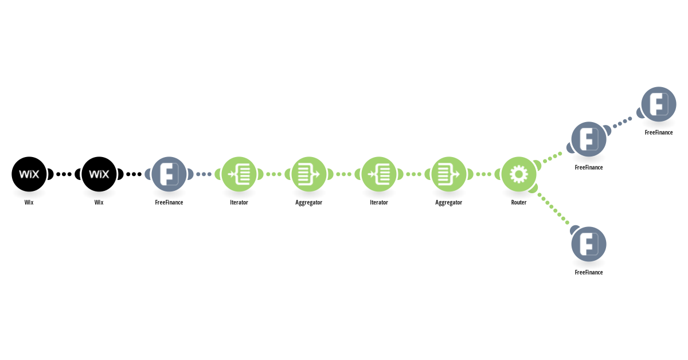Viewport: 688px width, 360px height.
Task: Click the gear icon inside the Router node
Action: [x=519, y=174]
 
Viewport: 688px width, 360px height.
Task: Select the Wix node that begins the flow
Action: [x=29, y=174]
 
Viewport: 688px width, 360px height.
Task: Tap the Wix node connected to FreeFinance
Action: [x=99, y=174]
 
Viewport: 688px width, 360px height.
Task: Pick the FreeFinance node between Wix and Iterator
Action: [x=169, y=174]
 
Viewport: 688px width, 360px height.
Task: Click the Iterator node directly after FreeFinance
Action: [x=239, y=174]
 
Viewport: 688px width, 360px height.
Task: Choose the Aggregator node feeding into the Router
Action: [x=449, y=174]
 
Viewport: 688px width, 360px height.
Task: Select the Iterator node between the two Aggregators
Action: [x=379, y=174]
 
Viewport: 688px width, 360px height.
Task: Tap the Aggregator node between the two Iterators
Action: [x=309, y=174]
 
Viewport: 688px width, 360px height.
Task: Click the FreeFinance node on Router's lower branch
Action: [x=589, y=244]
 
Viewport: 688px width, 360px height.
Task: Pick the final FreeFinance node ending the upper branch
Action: [x=659, y=104]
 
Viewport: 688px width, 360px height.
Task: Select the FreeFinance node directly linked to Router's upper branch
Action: [x=589, y=139]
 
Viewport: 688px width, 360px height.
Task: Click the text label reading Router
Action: [x=519, y=202]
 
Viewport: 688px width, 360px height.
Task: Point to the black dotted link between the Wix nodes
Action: [x=64, y=174]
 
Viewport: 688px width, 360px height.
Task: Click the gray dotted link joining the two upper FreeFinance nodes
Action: [x=623, y=122]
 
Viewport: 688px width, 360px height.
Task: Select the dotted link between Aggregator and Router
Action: [x=484, y=174]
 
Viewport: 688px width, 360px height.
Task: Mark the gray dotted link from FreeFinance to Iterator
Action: [x=204, y=174]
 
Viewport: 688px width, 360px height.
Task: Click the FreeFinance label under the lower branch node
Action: [x=589, y=272]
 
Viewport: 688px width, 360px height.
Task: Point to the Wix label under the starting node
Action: [x=29, y=202]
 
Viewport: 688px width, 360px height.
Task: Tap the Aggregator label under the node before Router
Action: [x=449, y=203]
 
